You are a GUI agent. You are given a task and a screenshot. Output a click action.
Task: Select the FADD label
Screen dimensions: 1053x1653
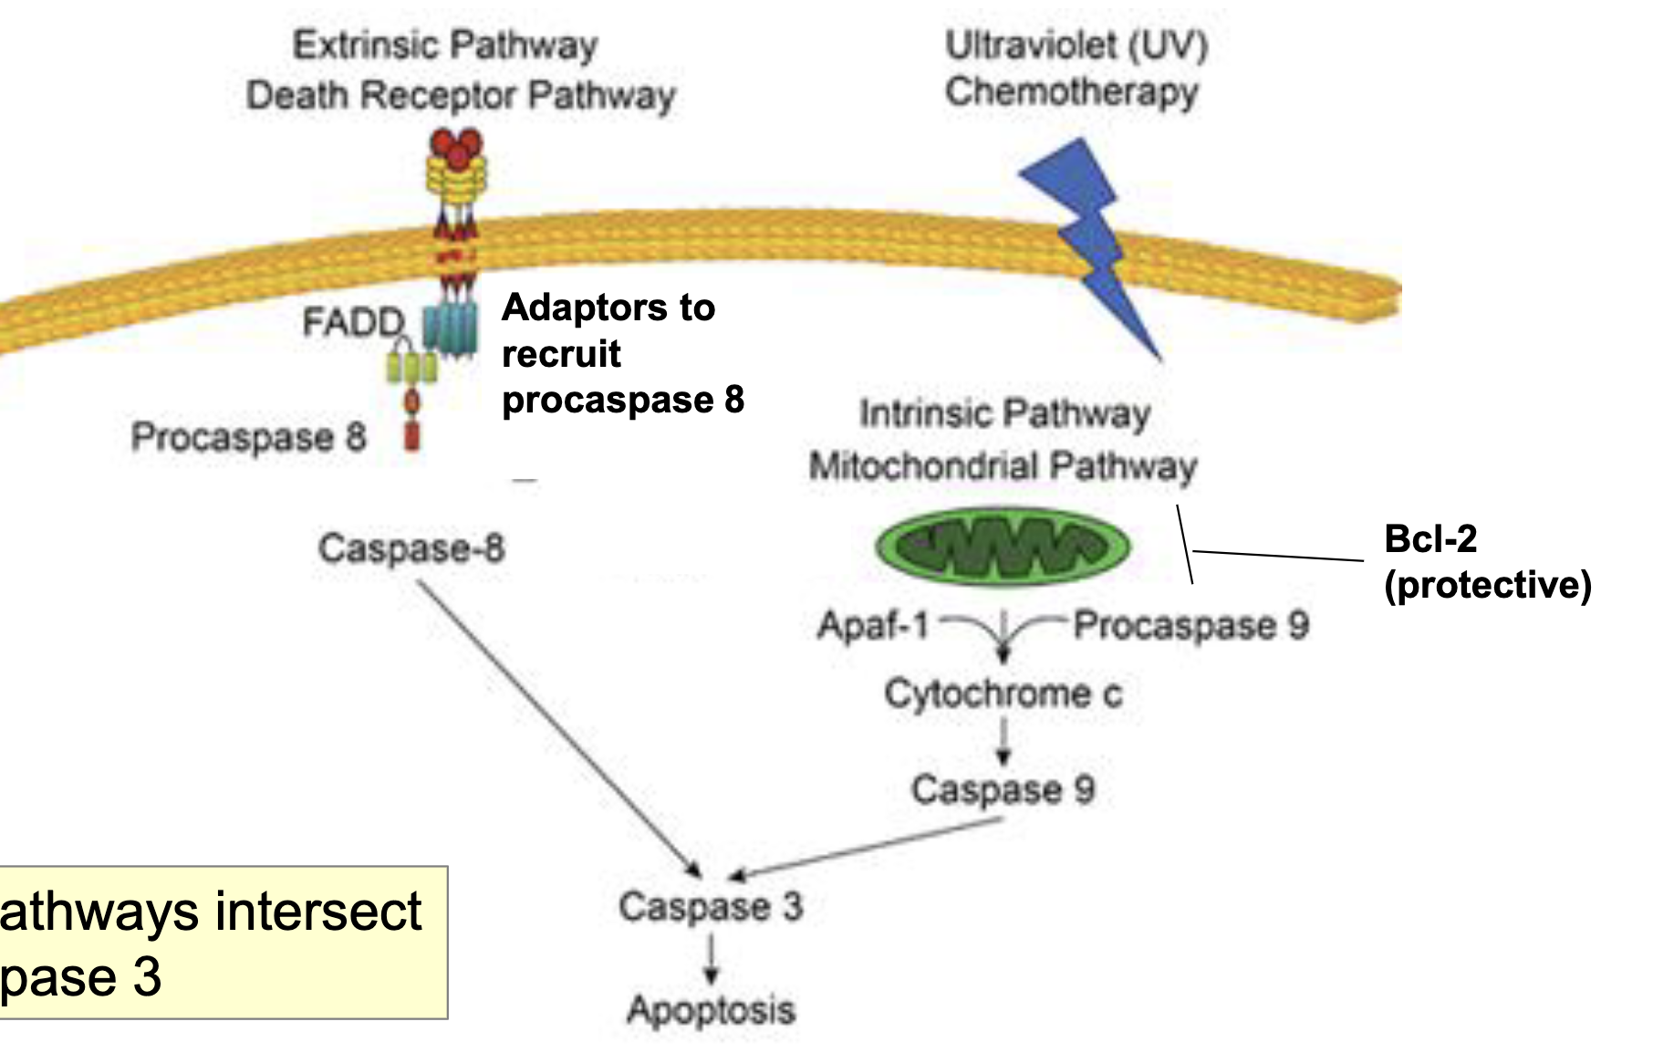click(x=353, y=322)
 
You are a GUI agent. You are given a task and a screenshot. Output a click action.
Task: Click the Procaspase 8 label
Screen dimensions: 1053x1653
click(x=248, y=437)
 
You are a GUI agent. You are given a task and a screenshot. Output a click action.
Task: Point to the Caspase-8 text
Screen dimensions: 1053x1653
click(x=411, y=548)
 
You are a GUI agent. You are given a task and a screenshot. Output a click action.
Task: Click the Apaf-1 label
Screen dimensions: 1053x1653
click(x=873, y=626)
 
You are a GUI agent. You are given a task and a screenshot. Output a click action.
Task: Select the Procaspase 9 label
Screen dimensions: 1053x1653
click(x=1190, y=626)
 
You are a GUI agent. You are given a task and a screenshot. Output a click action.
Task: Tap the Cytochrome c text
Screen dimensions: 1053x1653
click(x=1003, y=694)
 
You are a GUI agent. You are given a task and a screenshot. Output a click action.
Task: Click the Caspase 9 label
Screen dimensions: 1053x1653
click(x=1003, y=789)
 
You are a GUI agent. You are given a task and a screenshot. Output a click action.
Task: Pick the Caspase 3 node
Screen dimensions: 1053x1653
click(x=711, y=907)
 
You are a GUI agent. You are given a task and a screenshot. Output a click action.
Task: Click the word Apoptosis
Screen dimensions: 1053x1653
click(x=711, y=1010)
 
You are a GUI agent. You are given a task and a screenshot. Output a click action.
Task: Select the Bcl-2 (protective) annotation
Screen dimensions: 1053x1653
click(x=1486, y=562)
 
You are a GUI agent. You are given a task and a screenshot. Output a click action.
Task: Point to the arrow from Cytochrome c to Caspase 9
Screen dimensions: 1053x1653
click(x=1003, y=742)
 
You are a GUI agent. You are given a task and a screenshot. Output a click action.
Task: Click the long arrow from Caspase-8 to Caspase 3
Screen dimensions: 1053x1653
click(x=556, y=725)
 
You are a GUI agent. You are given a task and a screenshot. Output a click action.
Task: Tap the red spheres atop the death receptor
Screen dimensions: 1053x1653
click(x=456, y=146)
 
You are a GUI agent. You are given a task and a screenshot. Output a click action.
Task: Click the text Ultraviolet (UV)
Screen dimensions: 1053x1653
click(x=1076, y=45)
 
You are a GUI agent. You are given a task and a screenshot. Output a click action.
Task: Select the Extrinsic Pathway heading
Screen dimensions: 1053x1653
click(x=445, y=45)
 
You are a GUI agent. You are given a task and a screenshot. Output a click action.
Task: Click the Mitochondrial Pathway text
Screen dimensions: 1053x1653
click(x=1003, y=466)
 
